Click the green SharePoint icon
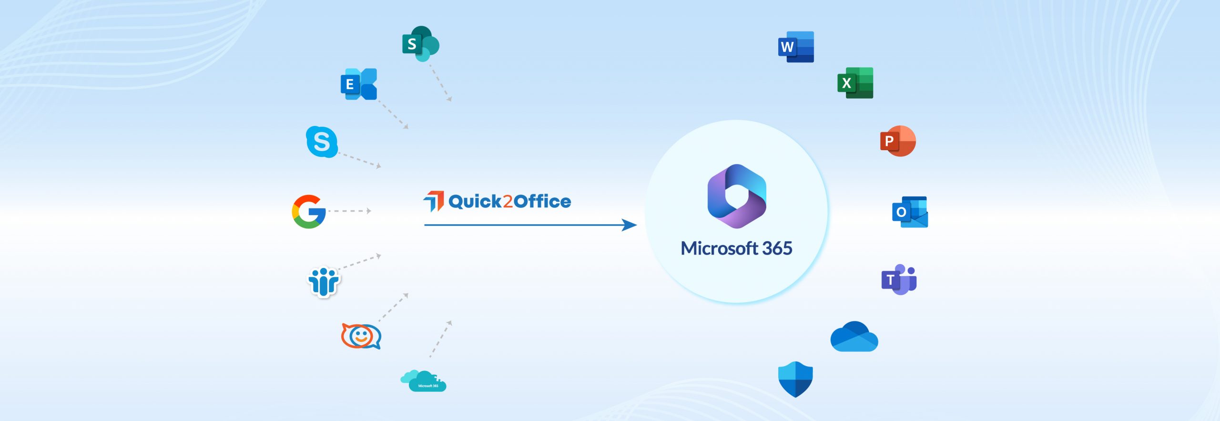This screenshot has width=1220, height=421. point(420,44)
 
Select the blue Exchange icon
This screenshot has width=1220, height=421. point(359,84)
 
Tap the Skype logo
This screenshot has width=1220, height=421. point(322,142)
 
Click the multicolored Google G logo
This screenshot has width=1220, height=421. point(309,211)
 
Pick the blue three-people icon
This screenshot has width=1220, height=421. point(324,281)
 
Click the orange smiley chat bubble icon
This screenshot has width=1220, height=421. point(361,336)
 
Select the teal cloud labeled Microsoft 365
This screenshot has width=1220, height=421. point(424,381)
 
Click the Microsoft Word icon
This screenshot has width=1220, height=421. point(796,47)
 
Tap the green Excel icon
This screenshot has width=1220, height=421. point(855,83)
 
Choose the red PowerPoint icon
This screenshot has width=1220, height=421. point(898,141)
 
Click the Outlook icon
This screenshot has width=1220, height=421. point(910,212)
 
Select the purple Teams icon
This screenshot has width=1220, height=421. point(899,279)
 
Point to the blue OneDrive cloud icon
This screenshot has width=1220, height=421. point(854,337)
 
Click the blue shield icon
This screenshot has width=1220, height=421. point(795,379)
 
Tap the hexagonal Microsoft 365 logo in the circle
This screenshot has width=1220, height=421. point(737,196)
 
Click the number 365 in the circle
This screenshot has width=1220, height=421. point(777,248)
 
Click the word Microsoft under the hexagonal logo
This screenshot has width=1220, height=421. point(719,248)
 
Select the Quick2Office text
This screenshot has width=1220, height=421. point(509,202)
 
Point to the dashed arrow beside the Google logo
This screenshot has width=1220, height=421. point(349,211)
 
